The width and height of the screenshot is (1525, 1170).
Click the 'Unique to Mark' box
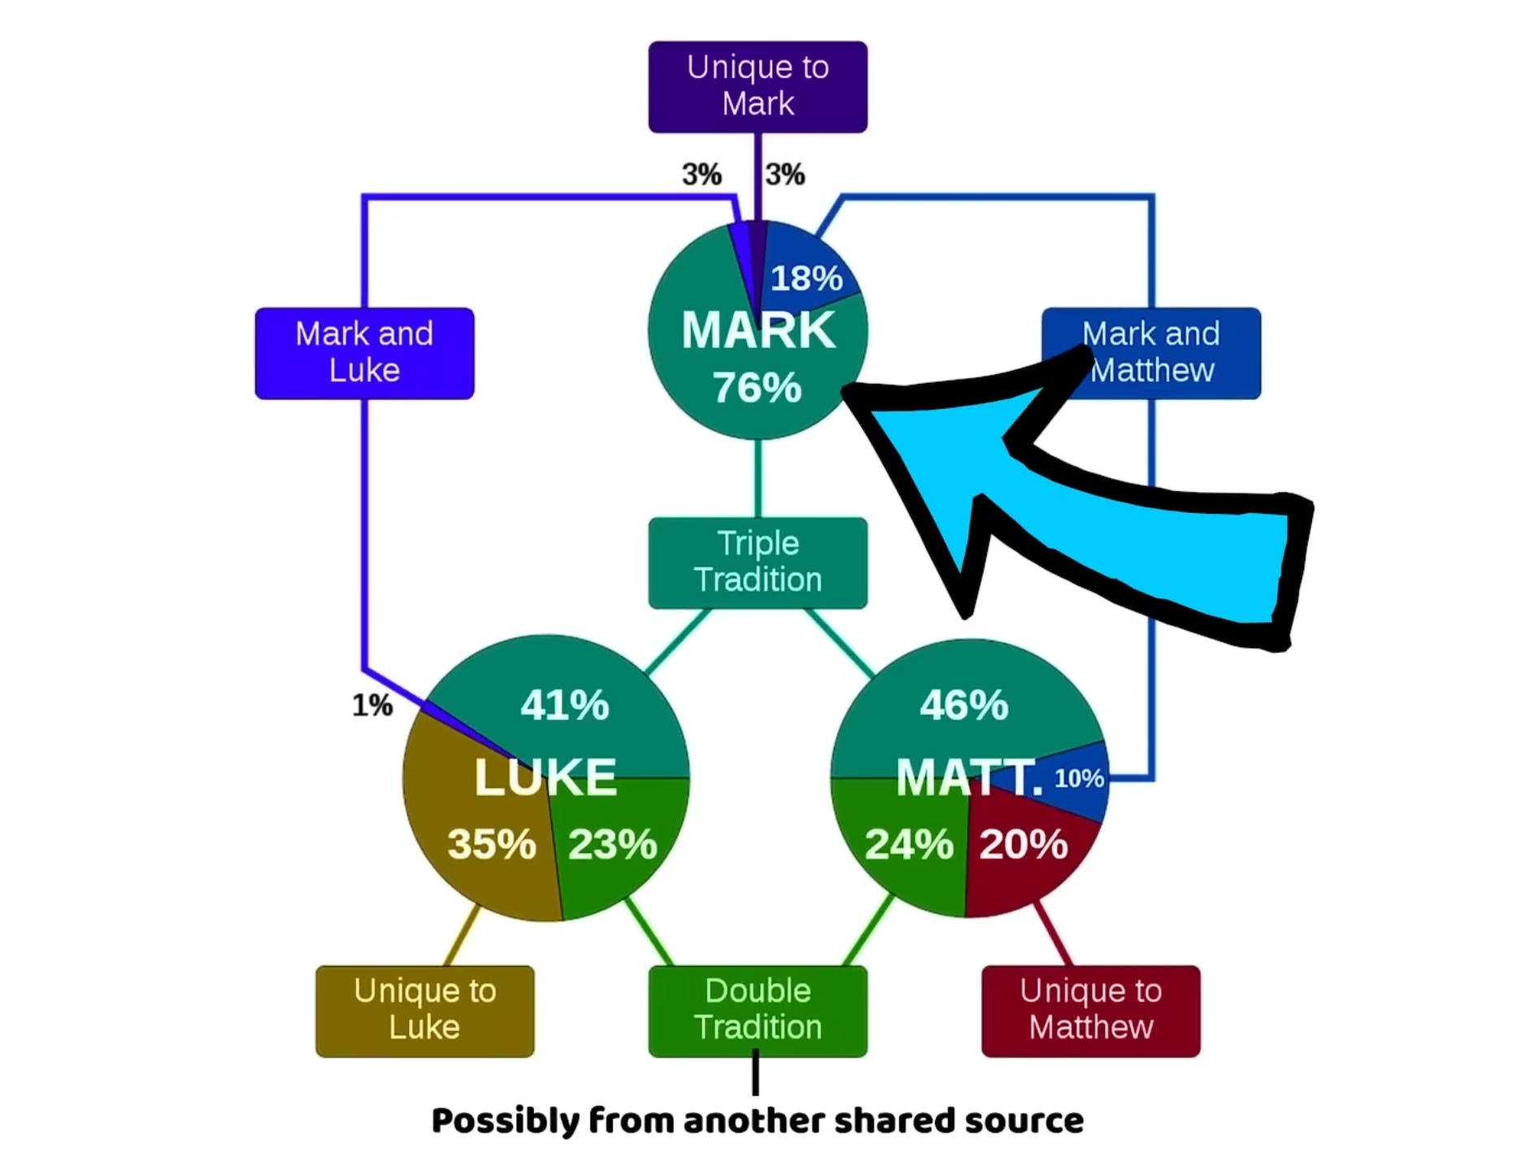pos(758,86)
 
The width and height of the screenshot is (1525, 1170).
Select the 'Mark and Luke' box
pos(364,353)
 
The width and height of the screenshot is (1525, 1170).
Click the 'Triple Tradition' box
pos(758,562)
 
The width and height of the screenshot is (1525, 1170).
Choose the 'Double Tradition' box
pos(758,1010)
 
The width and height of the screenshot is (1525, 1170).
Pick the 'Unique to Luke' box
pos(424,1010)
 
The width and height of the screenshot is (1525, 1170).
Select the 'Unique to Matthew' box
pos(1090,1010)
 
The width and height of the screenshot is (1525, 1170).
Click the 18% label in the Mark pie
pos(806,278)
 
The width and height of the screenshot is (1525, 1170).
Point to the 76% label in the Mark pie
pos(757,388)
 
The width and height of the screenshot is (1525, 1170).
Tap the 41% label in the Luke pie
pos(565,705)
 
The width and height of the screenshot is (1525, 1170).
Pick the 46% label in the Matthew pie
pos(964,705)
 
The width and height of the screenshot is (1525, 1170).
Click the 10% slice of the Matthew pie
pos(1080,779)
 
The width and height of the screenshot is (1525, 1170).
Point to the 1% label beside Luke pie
pos(372,705)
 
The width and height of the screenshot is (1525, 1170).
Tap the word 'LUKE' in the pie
pos(545,776)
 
